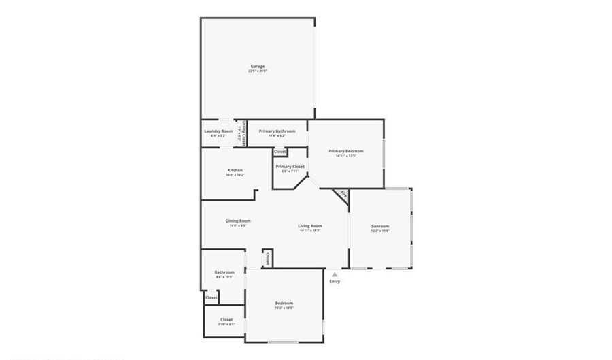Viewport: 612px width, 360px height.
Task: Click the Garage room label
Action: (x=257, y=66)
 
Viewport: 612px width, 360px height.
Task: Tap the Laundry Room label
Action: (x=218, y=131)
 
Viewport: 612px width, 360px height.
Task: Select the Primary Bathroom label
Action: (x=277, y=131)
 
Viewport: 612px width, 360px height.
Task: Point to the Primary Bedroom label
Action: (x=346, y=151)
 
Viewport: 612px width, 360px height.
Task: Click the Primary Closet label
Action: (x=290, y=167)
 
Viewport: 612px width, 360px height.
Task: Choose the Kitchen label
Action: (x=235, y=170)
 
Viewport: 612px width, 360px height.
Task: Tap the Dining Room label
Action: (x=238, y=220)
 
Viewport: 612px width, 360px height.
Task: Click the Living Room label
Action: (x=310, y=226)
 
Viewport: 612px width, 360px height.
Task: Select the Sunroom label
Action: (x=380, y=226)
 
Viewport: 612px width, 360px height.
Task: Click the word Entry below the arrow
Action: (x=335, y=282)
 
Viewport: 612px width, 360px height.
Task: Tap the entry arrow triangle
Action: (x=335, y=274)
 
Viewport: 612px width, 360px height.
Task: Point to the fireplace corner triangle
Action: (x=343, y=195)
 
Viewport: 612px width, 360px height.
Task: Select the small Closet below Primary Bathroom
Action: (x=279, y=151)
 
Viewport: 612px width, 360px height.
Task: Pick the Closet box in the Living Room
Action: (x=267, y=259)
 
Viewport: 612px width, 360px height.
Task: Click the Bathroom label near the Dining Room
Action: (x=224, y=272)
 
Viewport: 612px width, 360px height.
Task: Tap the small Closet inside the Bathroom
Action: (x=211, y=297)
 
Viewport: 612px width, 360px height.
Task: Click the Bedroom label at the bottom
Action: (x=284, y=303)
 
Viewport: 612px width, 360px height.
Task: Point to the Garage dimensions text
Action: (x=257, y=71)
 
